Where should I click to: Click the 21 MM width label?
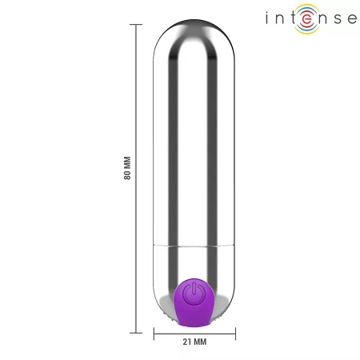click(x=195, y=342)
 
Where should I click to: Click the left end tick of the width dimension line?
click(x=154, y=330)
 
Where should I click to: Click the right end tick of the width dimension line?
click(x=235, y=330)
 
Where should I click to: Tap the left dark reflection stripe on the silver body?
click(x=176, y=144)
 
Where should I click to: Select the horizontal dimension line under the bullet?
click(x=194, y=330)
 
